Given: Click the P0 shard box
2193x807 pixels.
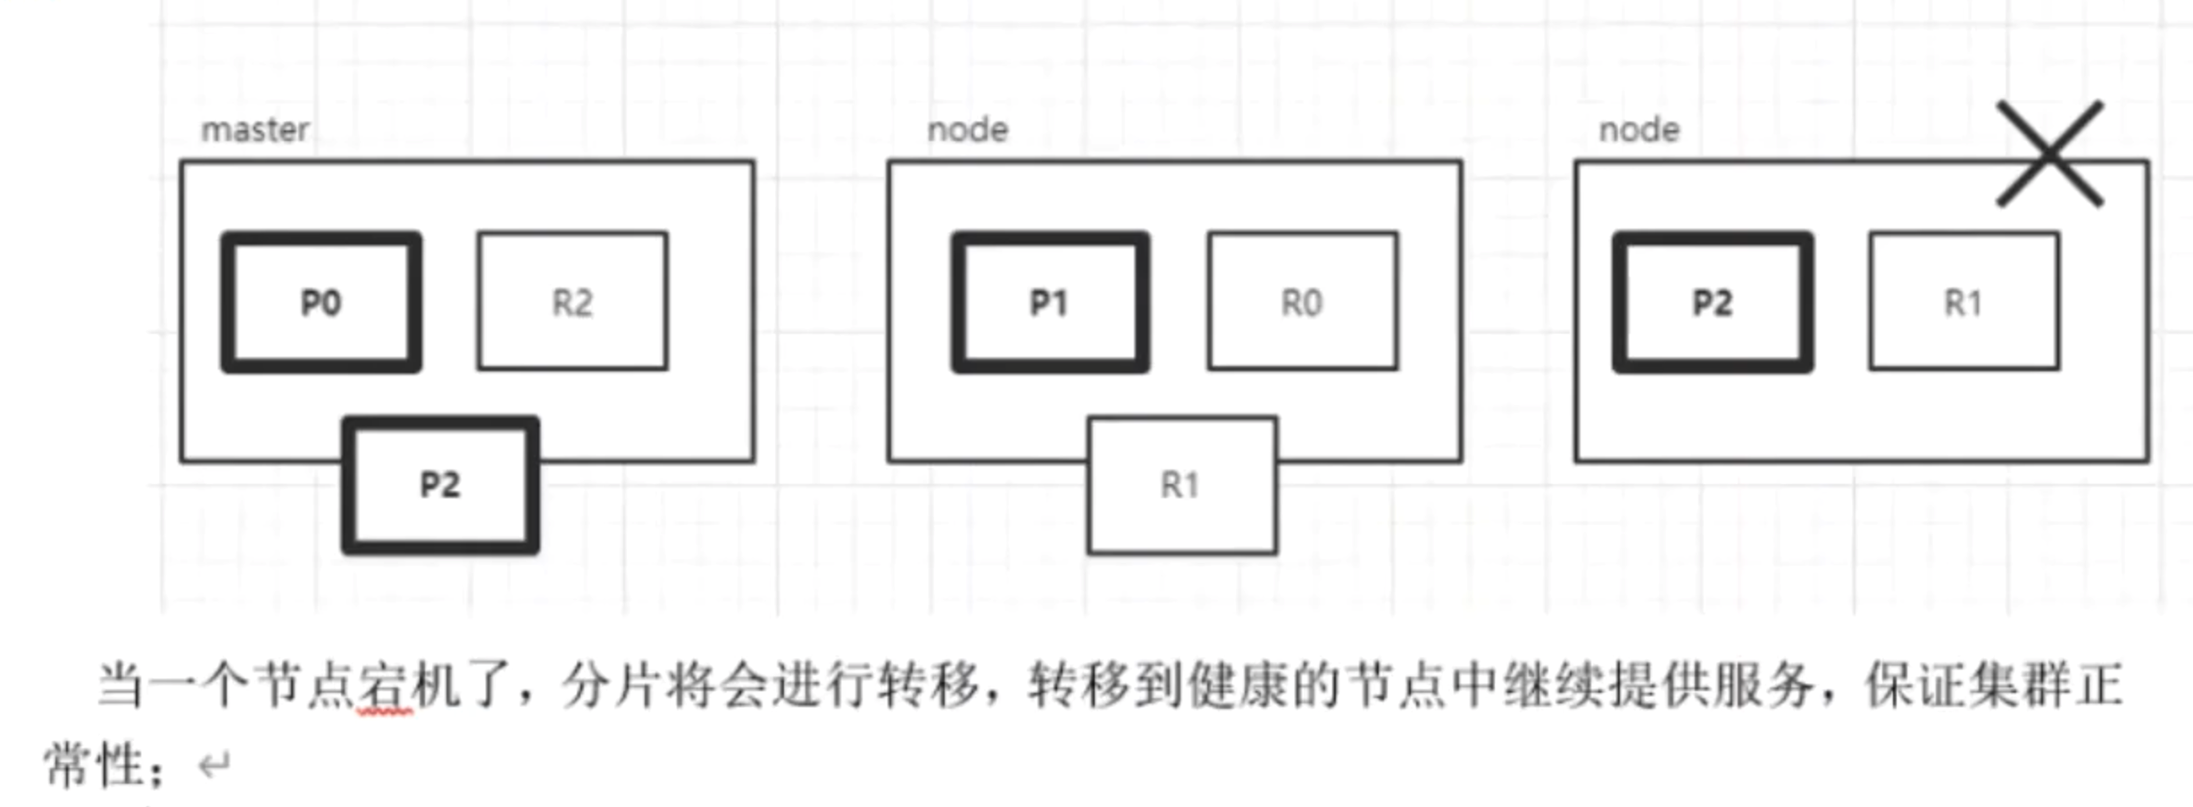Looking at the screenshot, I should point(321,302).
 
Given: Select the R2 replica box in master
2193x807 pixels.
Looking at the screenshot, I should point(572,302).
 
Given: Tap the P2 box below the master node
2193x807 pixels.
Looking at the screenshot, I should point(440,485).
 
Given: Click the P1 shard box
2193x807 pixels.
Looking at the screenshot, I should point(1050,302).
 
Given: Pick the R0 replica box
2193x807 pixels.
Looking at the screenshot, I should point(1303,302).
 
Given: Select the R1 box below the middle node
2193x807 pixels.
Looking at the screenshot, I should point(1181,485).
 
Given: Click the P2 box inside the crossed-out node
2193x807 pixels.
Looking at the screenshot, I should point(1713,302).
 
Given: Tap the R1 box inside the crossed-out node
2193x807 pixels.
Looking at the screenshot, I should point(1964,302).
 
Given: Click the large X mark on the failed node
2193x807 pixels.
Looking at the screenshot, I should point(2050,154).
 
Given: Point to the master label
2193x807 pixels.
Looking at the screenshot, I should point(255,130).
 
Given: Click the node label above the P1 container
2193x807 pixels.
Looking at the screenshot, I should point(968,130).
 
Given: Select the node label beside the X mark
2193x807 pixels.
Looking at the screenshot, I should point(1639,130).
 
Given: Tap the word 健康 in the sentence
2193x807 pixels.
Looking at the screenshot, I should point(1238,686).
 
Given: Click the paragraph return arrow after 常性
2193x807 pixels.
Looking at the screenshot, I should point(214,765).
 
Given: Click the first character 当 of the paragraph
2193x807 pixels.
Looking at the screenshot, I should point(121,686).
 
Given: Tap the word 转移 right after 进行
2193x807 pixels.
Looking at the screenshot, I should point(926,686).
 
